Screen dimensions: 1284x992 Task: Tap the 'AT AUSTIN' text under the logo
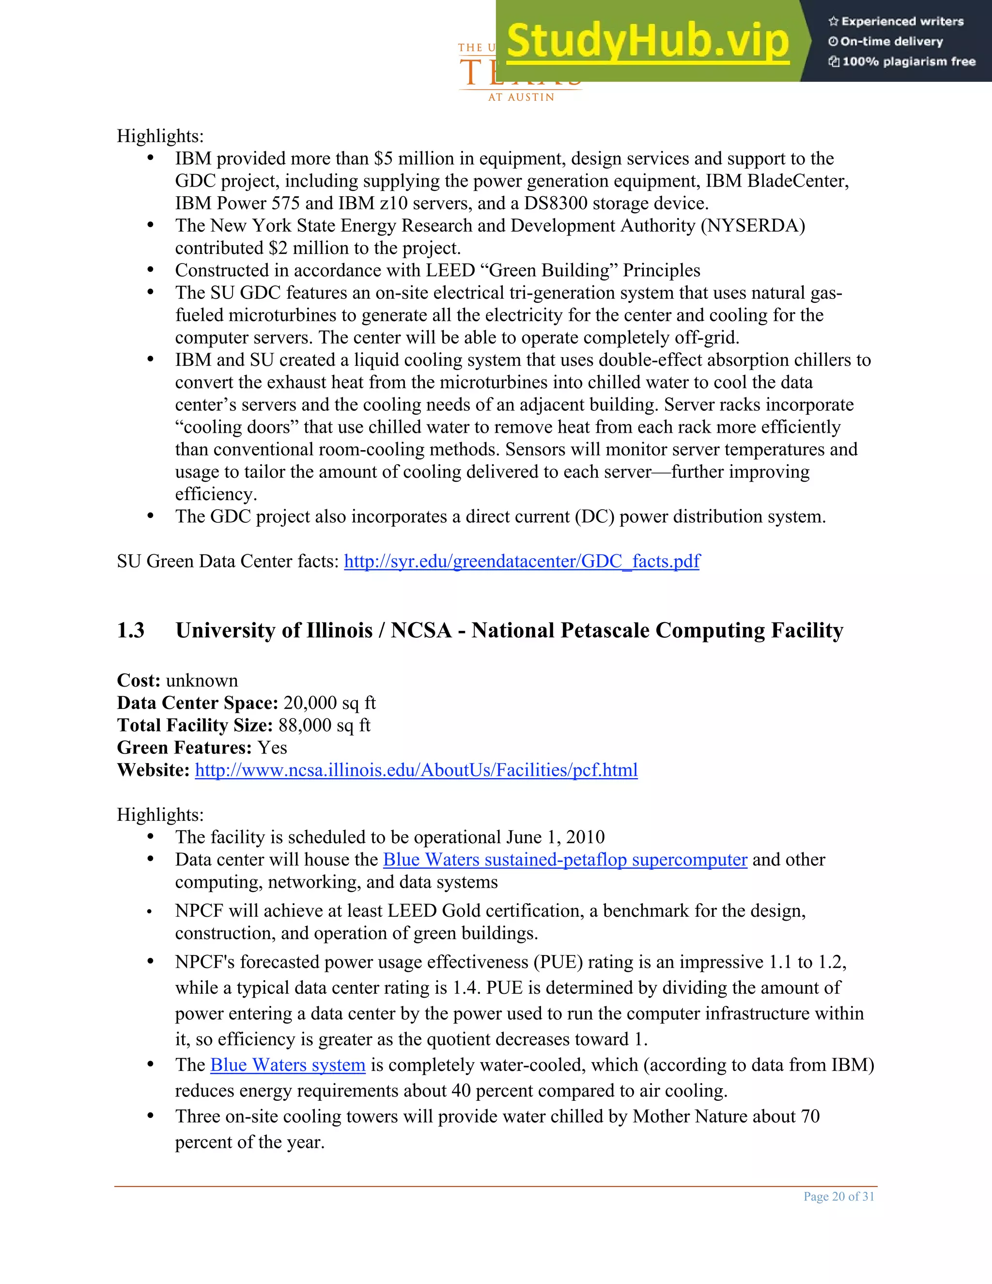click(521, 97)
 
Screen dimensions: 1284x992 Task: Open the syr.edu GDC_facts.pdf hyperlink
click(522, 562)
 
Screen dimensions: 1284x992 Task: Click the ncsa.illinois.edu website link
click(416, 770)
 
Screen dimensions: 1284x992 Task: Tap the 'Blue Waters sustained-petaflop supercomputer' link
click(565, 860)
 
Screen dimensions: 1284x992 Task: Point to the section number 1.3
click(130, 631)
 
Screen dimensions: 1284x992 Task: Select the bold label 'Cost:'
click(139, 681)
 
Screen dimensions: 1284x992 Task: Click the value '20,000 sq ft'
click(329, 703)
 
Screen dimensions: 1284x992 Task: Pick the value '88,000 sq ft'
click(325, 725)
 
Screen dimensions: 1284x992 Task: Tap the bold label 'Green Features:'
click(184, 748)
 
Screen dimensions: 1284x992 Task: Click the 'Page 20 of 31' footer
click(838, 1196)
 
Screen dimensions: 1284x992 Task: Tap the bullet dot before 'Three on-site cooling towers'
click(151, 1115)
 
